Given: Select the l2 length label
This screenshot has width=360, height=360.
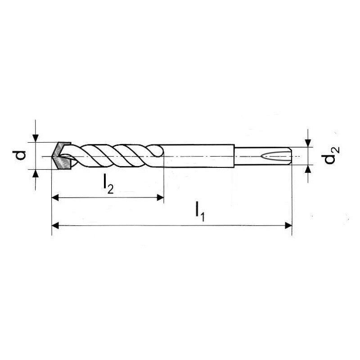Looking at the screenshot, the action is [x=108, y=184].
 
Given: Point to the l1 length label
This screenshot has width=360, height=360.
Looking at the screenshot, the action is [x=199, y=211].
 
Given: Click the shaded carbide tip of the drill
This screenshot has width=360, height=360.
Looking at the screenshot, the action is [x=61, y=156].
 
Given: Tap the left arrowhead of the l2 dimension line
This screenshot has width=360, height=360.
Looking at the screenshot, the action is [x=55, y=197].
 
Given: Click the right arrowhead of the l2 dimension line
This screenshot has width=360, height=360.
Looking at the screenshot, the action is [x=160, y=197].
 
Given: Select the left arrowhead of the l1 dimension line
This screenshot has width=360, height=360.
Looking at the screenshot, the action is [x=55, y=225].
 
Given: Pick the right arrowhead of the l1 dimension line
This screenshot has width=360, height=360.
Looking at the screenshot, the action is [x=288, y=225].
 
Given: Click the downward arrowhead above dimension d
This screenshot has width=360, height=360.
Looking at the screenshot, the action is [x=36, y=138].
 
